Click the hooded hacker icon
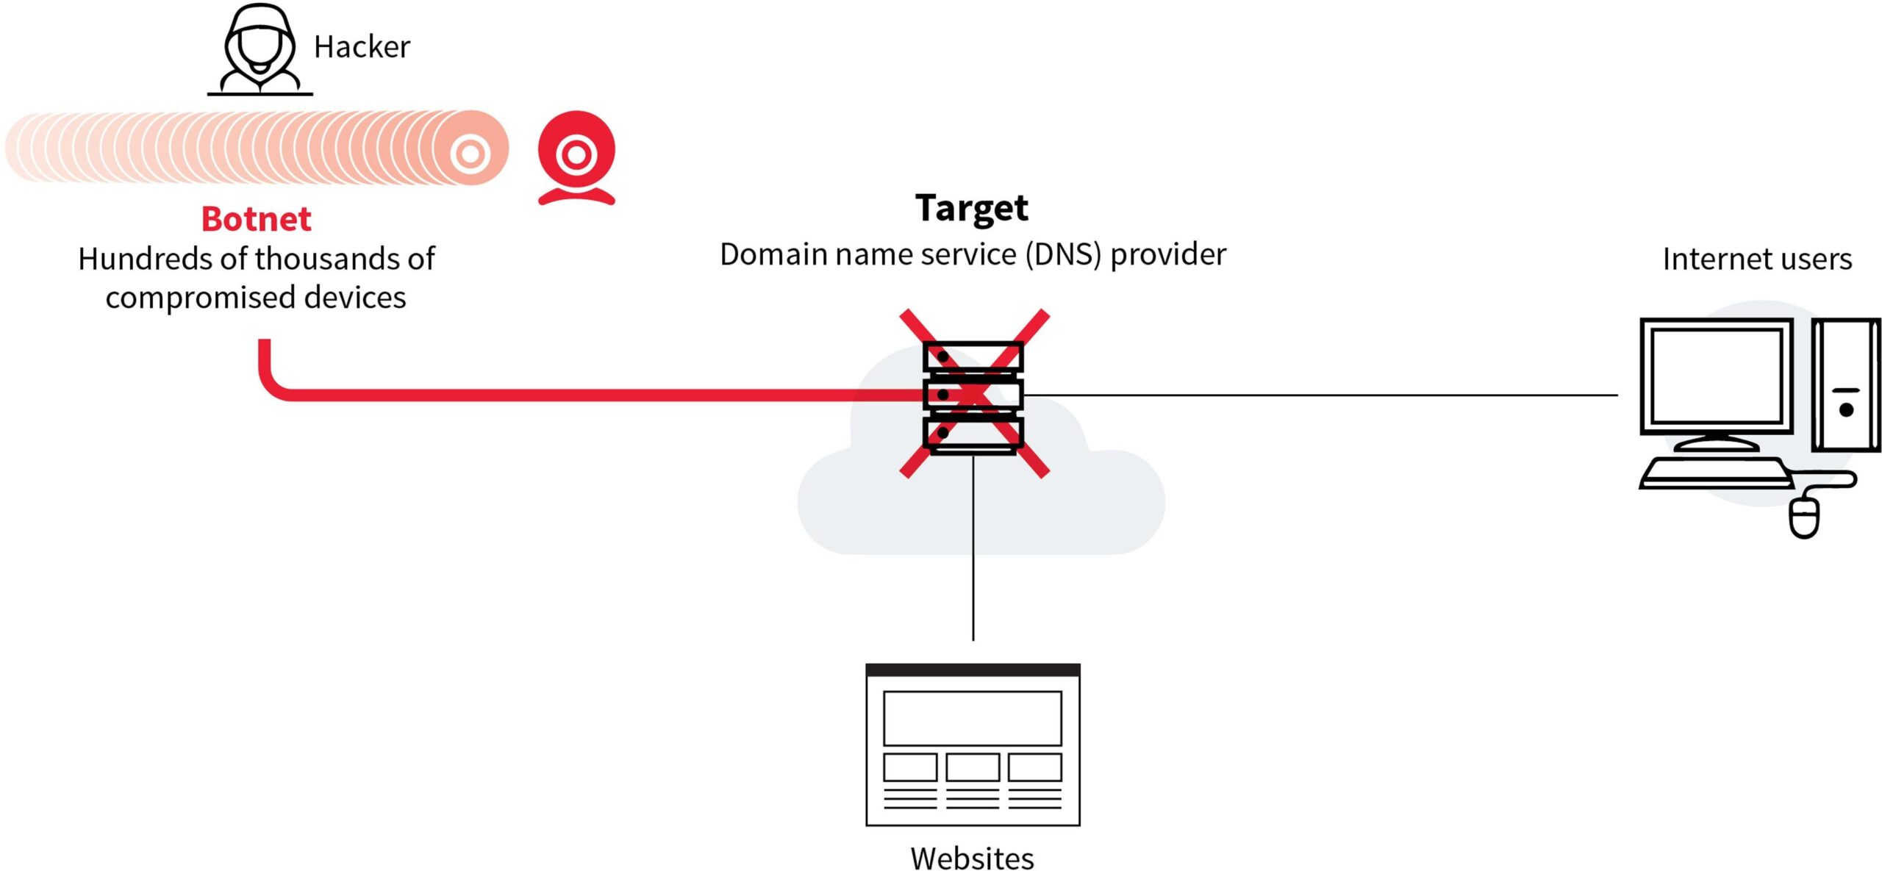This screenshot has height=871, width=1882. [260, 49]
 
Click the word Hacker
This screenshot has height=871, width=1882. [362, 47]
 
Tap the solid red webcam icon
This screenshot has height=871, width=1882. [576, 156]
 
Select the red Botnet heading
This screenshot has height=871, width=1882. [256, 219]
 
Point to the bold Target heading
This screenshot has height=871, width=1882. [971, 208]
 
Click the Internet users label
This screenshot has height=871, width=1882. [1757, 259]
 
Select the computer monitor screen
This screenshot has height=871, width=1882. [1716, 376]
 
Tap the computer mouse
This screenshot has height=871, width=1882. [1804, 517]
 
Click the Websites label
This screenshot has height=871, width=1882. [972, 858]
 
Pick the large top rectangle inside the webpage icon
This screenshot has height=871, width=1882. [972, 718]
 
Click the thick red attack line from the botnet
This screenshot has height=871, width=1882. [588, 395]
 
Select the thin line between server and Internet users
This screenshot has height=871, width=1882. [1323, 395]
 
